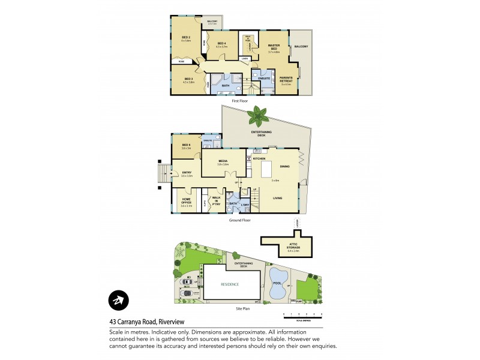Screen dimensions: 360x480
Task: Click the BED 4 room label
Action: [x=221, y=44]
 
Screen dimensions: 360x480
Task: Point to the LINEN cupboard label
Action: [x=245, y=58]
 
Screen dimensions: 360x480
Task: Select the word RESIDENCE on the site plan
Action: [x=230, y=284]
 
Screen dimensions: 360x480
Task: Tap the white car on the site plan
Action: [x=187, y=281]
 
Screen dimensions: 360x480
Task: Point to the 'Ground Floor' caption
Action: [x=239, y=220]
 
